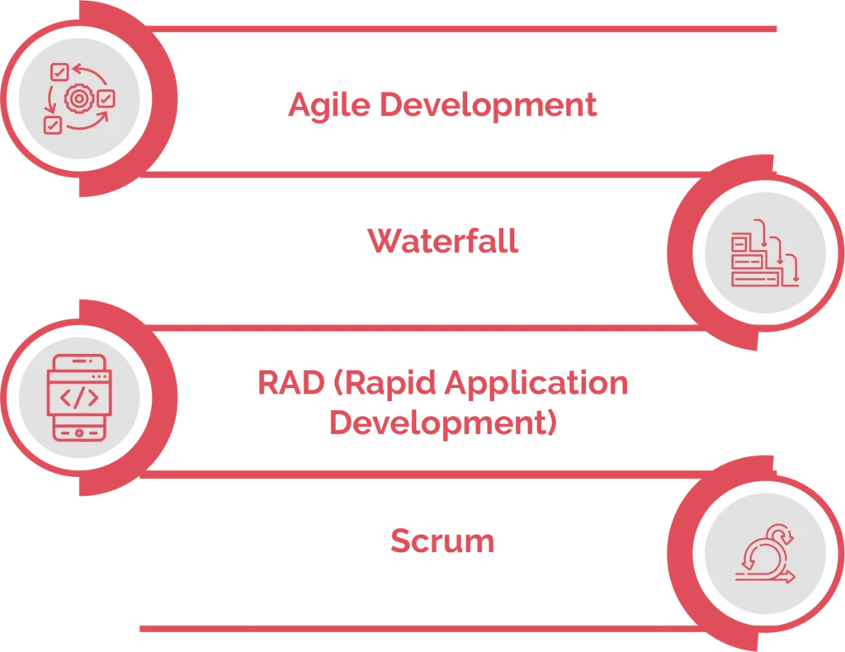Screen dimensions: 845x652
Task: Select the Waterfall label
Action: coord(443,243)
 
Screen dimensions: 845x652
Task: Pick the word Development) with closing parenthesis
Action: coord(443,423)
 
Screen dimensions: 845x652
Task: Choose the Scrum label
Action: coord(441,541)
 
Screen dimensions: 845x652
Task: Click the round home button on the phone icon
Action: coord(79,432)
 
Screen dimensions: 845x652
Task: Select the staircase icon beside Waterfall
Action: coord(764,257)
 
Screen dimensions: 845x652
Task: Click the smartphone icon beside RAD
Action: coord(79,397)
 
